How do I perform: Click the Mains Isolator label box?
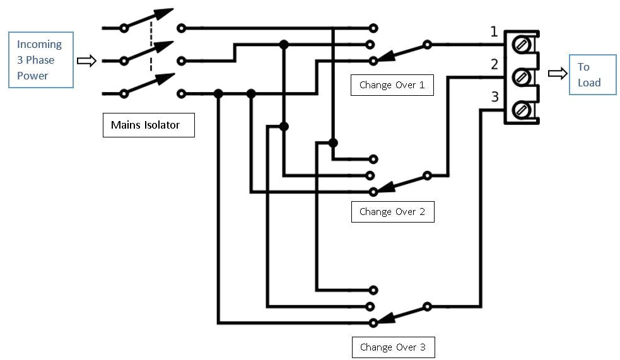click(148, 125)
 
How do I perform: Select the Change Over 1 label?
click(392, 84)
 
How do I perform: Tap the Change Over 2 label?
click(392, 211)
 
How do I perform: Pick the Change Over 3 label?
click(392, 347)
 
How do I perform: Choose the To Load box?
click(592, 74)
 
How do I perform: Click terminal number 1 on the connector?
click(494, 32)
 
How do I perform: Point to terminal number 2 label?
click(494, 64)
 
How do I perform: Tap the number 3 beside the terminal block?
click(494, 97)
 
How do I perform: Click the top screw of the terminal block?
click(522, 45)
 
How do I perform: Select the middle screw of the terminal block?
click(522, 77)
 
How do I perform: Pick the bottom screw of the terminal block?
click(522, 110)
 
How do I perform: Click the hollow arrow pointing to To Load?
click(558, 74)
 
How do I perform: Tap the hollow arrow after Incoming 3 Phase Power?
click(86, 61)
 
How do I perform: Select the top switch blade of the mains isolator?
click(149, 20)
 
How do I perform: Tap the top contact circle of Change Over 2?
click(373, 159)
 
